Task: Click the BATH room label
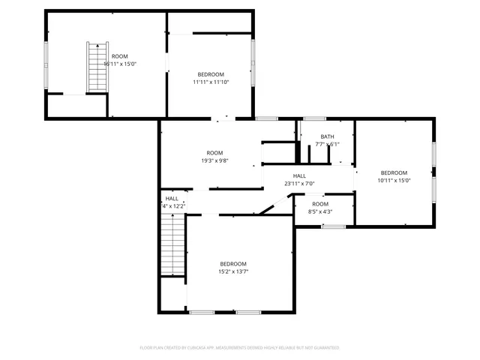(x=327, y=136)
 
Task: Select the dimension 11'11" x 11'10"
(x=211, y=82)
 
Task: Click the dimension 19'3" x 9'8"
(x=215, y=160)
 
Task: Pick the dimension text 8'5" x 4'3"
(x=320, y=211)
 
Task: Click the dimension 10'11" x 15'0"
(x=394, y=180)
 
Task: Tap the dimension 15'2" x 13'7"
(x=233, y=271)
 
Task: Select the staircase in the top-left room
(x=95, y=67)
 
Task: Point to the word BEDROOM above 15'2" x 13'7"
(x=233, y=263)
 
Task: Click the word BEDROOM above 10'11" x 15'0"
(x=394, y=172)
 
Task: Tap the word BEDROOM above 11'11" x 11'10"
(x=211, y=74)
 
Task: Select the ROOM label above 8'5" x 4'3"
(x=320, y=204)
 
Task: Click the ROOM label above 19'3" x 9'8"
(x=215, y=153)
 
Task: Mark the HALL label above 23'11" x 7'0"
(x=298, y=175)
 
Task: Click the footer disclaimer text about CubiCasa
(x=240, y=348)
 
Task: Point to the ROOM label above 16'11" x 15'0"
(x=120, y=57)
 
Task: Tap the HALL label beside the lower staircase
(x=172, y=199)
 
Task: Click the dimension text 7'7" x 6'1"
(x=327, y=144)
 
